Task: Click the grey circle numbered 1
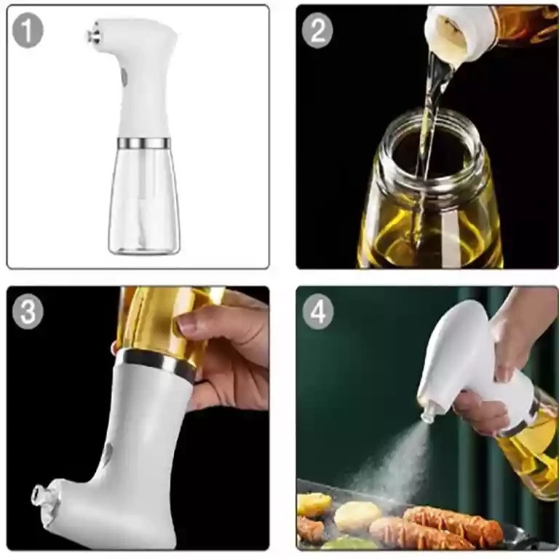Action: click(28, 30)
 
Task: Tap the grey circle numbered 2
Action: click(317, 30)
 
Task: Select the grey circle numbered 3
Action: click(28, 312)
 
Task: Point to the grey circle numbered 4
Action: click(318, 312)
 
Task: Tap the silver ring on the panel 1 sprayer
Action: click(143, 143)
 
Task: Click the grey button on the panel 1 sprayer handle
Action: click(124, 78)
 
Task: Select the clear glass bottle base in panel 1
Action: click(144, 199)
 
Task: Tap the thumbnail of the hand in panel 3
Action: click(186, 323)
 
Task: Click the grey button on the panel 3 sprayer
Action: click(108, 453)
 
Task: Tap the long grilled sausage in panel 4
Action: click(452, 523)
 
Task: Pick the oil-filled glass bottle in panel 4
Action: click(528, 445)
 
